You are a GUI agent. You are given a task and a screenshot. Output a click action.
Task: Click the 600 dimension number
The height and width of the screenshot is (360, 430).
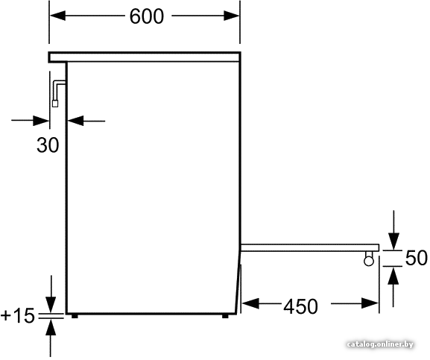(x=147, y=16)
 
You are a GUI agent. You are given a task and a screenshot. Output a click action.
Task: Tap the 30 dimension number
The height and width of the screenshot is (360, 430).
(x=48, y=145)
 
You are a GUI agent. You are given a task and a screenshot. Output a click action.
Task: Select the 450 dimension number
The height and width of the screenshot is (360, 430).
(x=300, y=306)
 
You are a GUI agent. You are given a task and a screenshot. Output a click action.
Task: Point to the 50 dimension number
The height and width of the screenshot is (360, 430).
(x=417, y=258)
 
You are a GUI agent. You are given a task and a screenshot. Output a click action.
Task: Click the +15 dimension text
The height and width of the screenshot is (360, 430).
(x=18, y=315)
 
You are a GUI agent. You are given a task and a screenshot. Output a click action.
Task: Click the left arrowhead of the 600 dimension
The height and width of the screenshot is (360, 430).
(x=57, y=16)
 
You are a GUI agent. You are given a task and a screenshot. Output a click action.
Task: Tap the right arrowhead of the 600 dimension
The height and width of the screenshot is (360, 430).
(x=232, y=16)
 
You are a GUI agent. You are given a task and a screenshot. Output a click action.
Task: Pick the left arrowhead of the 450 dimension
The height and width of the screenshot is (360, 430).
(x=250, y=303)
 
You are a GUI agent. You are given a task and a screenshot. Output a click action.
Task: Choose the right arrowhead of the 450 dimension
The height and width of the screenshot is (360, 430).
(x=370, y=303)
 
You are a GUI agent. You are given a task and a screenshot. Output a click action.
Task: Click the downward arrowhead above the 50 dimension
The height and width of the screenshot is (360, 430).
(x=394, y=241)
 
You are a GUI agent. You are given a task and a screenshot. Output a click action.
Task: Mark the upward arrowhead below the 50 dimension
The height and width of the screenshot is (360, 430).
(x=394, y=276)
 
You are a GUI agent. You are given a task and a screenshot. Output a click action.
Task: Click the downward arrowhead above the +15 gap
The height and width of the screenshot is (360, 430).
(x=51, y=305)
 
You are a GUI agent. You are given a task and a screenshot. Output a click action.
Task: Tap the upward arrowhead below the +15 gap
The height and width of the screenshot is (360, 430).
(x=51, y=327)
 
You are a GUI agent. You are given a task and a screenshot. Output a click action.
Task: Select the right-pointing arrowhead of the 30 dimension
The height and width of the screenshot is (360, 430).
(x=41, y=121)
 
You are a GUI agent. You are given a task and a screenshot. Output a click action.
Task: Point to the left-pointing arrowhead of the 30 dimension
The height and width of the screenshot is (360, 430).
(x=75, y=121)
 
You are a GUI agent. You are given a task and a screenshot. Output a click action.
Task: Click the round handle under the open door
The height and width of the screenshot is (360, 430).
(x=369, y=261)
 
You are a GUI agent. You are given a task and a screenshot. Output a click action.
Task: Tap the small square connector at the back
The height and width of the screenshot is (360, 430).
(x=55, y=104)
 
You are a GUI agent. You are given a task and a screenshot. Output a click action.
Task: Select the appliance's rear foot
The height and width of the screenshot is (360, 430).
(x=75, y=316)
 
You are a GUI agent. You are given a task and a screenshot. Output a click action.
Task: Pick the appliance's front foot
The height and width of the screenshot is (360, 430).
(x=225, y=316)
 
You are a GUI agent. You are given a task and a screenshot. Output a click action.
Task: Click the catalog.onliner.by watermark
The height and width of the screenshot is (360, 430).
(x=380, y=344)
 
